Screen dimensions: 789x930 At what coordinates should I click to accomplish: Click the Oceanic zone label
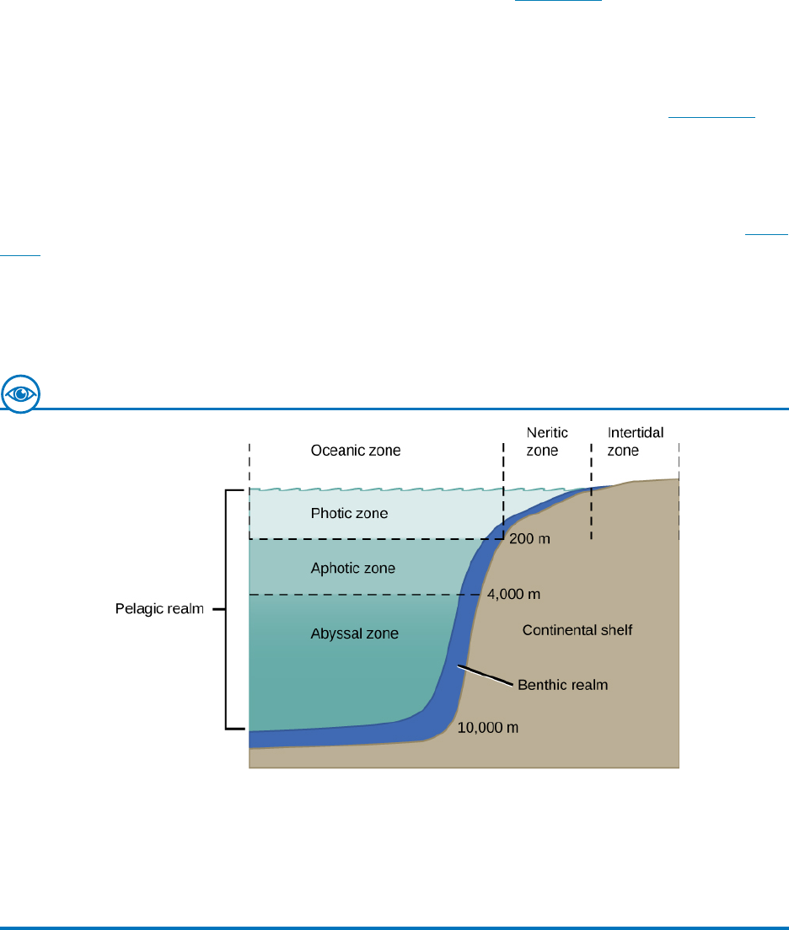point(356,451)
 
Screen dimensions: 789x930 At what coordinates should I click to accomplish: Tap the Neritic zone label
point(547,441)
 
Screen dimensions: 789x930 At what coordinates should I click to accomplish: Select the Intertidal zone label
point(636,441)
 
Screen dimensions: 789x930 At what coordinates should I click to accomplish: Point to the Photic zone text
point(349,512)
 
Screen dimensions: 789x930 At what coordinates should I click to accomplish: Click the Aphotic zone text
point(353,569)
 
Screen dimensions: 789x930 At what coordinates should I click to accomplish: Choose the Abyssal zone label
point(354,633)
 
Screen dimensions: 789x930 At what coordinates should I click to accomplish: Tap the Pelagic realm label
point(160,608)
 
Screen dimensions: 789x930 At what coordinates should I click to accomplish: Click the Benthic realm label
point(563,685)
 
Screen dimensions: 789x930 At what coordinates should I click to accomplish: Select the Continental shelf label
point(577,630)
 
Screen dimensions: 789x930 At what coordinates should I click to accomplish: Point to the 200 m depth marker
point(529,538)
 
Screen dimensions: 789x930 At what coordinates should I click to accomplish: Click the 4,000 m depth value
point(513,594)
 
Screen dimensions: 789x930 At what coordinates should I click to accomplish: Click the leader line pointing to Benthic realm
point(484,676)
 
